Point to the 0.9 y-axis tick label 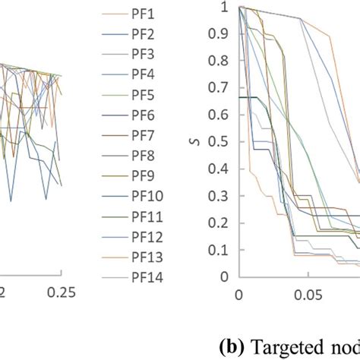[x=221, y=35]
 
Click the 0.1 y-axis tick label [x=221, y=250]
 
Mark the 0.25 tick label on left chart [x=56, y=292]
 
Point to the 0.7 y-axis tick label [x=221, y=88]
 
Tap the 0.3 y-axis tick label [x=221, y=196]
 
